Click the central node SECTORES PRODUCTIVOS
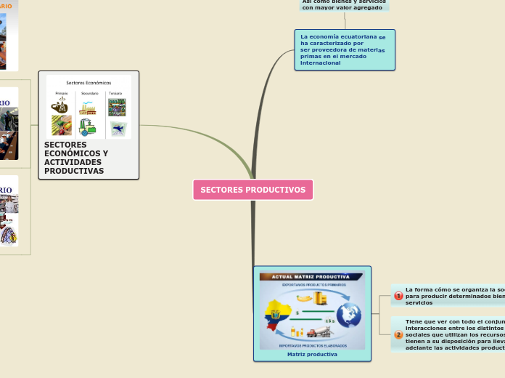point(252,190)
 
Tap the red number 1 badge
point(398,296)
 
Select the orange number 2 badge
point(398,334)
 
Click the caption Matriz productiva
point(312,354)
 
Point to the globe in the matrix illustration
point(348,315)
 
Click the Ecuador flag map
point(279,318)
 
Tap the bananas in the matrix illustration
point(303,298)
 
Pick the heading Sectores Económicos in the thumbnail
point(89,82)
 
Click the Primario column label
point(61,93)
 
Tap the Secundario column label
point(89,93)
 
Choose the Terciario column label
point(116,93)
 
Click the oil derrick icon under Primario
point(60,106)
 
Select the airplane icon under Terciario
point(117,128)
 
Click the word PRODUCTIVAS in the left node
point(74,171)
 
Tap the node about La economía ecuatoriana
point(344,49)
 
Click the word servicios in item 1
point(419,302)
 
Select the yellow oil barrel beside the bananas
point(320,298)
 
